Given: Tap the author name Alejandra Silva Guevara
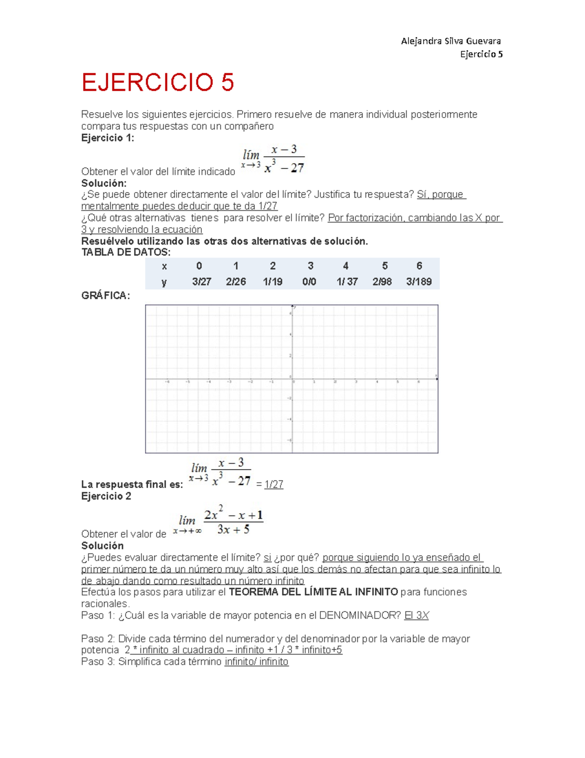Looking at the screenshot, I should (x=450, y=41).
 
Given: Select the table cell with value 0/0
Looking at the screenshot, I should (x=309, y=282).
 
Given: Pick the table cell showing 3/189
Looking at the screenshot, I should (x=419, y=282).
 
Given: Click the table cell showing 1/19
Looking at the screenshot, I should (x=273, y=282).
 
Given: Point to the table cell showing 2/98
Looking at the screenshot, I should (x=382, y=282).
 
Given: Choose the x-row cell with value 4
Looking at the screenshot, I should (x=346, y=266).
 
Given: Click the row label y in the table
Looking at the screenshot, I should (x=164, y=282).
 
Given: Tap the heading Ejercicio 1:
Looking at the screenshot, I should (x=107, y=138).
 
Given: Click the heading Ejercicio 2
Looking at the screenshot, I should (x=106, y=496).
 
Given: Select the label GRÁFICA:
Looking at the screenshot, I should (x=105, y=295).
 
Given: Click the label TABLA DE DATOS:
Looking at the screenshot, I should (x=126, y=252).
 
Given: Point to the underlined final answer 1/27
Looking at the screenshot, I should (x=273, y=484).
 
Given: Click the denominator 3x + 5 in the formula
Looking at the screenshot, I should (x=233, y=530).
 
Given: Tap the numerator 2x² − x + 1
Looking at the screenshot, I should (x=234, y=515).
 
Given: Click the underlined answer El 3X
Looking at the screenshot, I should (x=416, y=615).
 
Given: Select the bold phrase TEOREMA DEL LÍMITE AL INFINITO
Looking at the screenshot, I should (x=313, y=592).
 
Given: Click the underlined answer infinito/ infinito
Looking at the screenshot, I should (x=256, y=661).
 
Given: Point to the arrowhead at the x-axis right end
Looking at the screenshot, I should (x=436, y=379).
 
